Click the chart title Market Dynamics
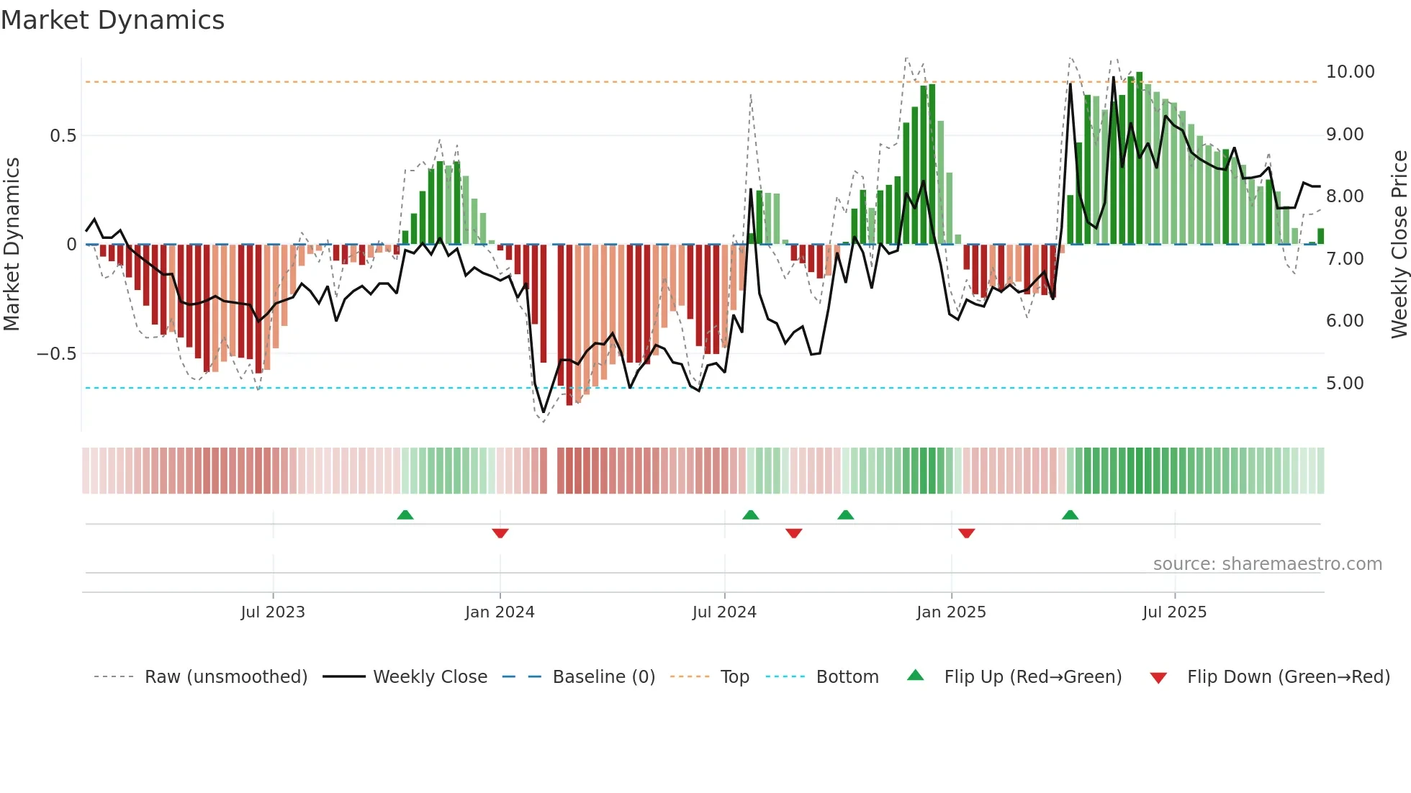(x=112, y=20)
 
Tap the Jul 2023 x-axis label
(x=273, y=612)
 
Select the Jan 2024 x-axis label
(x=500, y=612)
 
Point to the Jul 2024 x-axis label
(x=724, y=612)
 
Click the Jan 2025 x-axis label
(x=951, y=612)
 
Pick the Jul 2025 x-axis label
(x=1174, y=612)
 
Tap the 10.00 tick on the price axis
(x=1350, y=72)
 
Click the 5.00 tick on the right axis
(x=1345, y=384)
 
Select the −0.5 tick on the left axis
(x=56, y=354)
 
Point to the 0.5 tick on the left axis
(x=63, y=136)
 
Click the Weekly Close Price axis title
(x=1399, y=245)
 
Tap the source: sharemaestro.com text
(x=1267, y=564)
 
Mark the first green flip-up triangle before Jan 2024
(x=405, y=515)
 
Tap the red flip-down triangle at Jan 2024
(x=500, y=533)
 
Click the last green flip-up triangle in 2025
(x=1070, y=515)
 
